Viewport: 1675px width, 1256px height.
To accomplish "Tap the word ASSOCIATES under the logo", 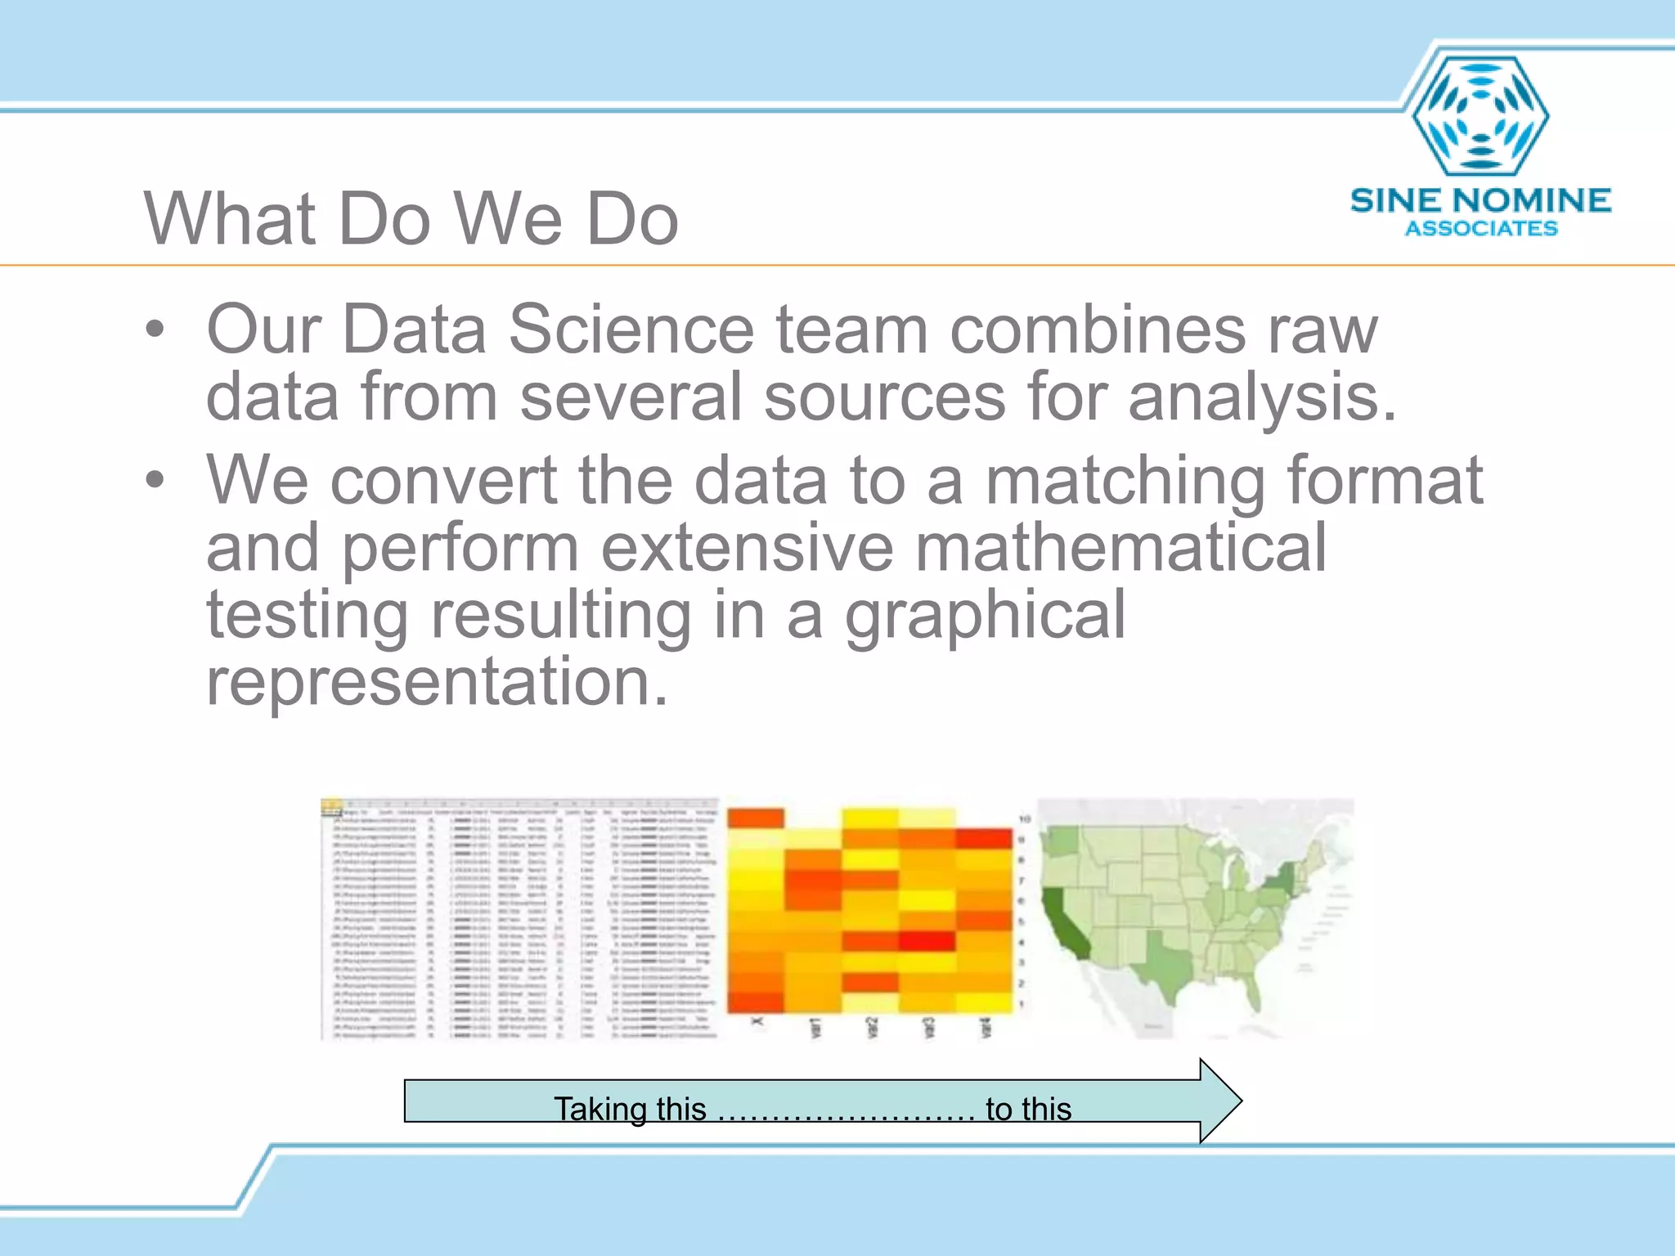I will (1481, 229).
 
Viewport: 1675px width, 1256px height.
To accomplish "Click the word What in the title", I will (230, 219).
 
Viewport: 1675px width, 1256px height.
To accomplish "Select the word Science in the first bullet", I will (631, 330).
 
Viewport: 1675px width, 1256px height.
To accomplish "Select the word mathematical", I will (1120, 548).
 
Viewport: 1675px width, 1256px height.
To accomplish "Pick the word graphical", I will (985, 617).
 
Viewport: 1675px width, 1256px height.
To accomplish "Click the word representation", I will (437, 681).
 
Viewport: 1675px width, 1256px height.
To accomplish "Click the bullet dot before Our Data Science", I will (155, 331).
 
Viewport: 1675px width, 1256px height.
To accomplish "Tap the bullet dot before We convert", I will (155, 481).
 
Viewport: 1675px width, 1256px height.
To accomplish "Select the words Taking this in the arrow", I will (630, 1110).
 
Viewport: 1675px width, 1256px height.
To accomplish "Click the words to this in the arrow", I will (1028, 1110).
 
